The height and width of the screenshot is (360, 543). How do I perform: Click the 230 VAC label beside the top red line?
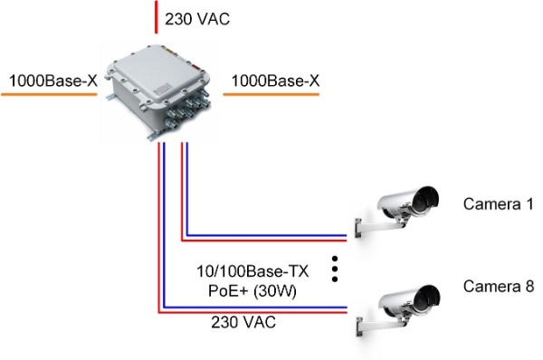click(x=197, y=19)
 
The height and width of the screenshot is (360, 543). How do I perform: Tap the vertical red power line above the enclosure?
click(x=157, y=17)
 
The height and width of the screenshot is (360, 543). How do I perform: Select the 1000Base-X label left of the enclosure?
click(x=53, y=81)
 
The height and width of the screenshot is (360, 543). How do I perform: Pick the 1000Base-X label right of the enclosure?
click(x=275, y=81)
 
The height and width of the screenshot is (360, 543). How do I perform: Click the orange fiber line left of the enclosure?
click(x=49, y=94)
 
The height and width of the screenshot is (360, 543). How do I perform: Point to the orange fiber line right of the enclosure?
click(x=271, y=94)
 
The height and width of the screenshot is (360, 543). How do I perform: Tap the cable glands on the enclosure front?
click(x=187, y=109)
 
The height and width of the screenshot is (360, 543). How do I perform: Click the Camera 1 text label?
click(x=499, y=204)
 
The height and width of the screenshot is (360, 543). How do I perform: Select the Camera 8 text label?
click(x=499, y=286)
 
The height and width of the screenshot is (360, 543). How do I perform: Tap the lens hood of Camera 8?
click(x=428, y=298)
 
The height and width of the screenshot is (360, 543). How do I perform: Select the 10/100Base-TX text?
click(x=252, y=271)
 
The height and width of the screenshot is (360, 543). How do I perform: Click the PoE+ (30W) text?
click(x=252, y=290)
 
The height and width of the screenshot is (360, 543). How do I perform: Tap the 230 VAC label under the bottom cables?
click(x=243, y=322)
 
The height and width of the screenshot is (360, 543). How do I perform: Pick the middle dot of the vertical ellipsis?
click(x=335, y=269)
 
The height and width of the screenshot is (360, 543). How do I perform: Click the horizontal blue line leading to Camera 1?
click(x=267, y=235)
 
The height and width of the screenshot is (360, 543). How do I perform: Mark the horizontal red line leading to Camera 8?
click(x=252, y=312)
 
